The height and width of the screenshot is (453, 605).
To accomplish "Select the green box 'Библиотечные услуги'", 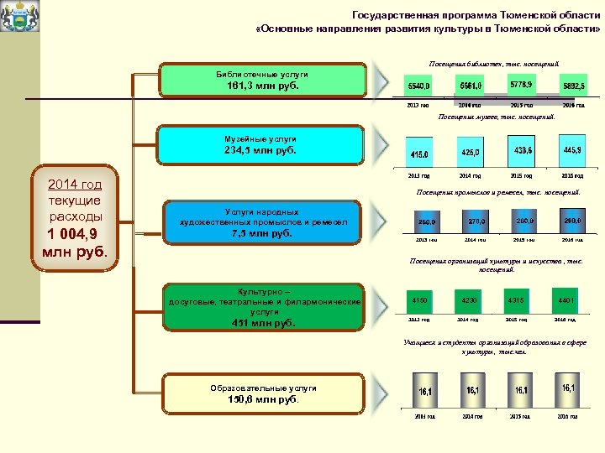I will [262, 80].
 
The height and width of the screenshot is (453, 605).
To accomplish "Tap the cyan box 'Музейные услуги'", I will [262, 144].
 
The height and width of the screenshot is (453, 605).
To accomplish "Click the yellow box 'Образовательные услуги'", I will [262, 393].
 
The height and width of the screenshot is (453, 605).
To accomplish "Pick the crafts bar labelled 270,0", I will [470, 222].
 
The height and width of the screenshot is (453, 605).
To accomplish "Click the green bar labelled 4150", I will [419, 299].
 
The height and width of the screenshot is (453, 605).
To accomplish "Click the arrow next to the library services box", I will [382, 80].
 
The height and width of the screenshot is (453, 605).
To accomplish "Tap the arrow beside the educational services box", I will [382, 393].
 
